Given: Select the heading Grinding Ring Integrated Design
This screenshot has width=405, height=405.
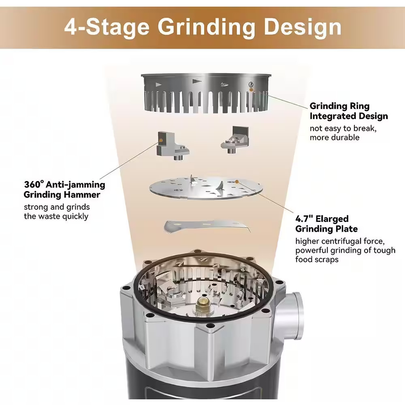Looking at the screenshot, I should tap(348, 111).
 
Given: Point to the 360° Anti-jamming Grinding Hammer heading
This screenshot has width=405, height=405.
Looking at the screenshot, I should tap(64, 190).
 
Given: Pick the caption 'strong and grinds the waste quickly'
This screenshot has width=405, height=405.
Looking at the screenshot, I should tap(56, 211).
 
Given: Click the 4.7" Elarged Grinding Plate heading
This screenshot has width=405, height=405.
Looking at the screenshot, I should tap(326, 224).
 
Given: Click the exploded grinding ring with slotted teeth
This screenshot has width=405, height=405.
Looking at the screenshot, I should tap(205, 93).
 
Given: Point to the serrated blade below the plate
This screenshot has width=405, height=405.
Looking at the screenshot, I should tap(207, 225).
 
